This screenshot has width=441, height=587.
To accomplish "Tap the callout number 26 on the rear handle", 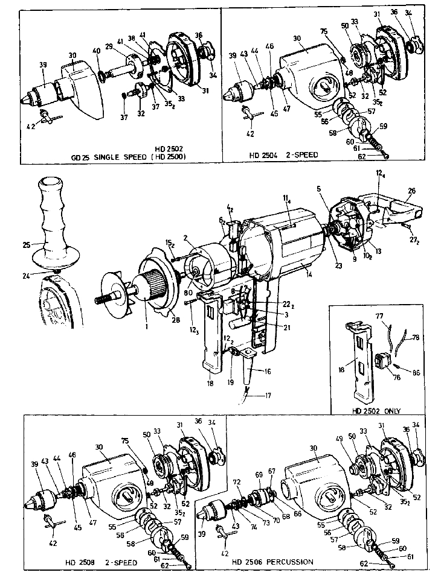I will pos(411,191).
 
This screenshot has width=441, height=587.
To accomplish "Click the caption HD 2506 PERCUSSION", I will pos(273,562).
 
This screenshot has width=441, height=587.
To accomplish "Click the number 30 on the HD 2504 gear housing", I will pos(297,38).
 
